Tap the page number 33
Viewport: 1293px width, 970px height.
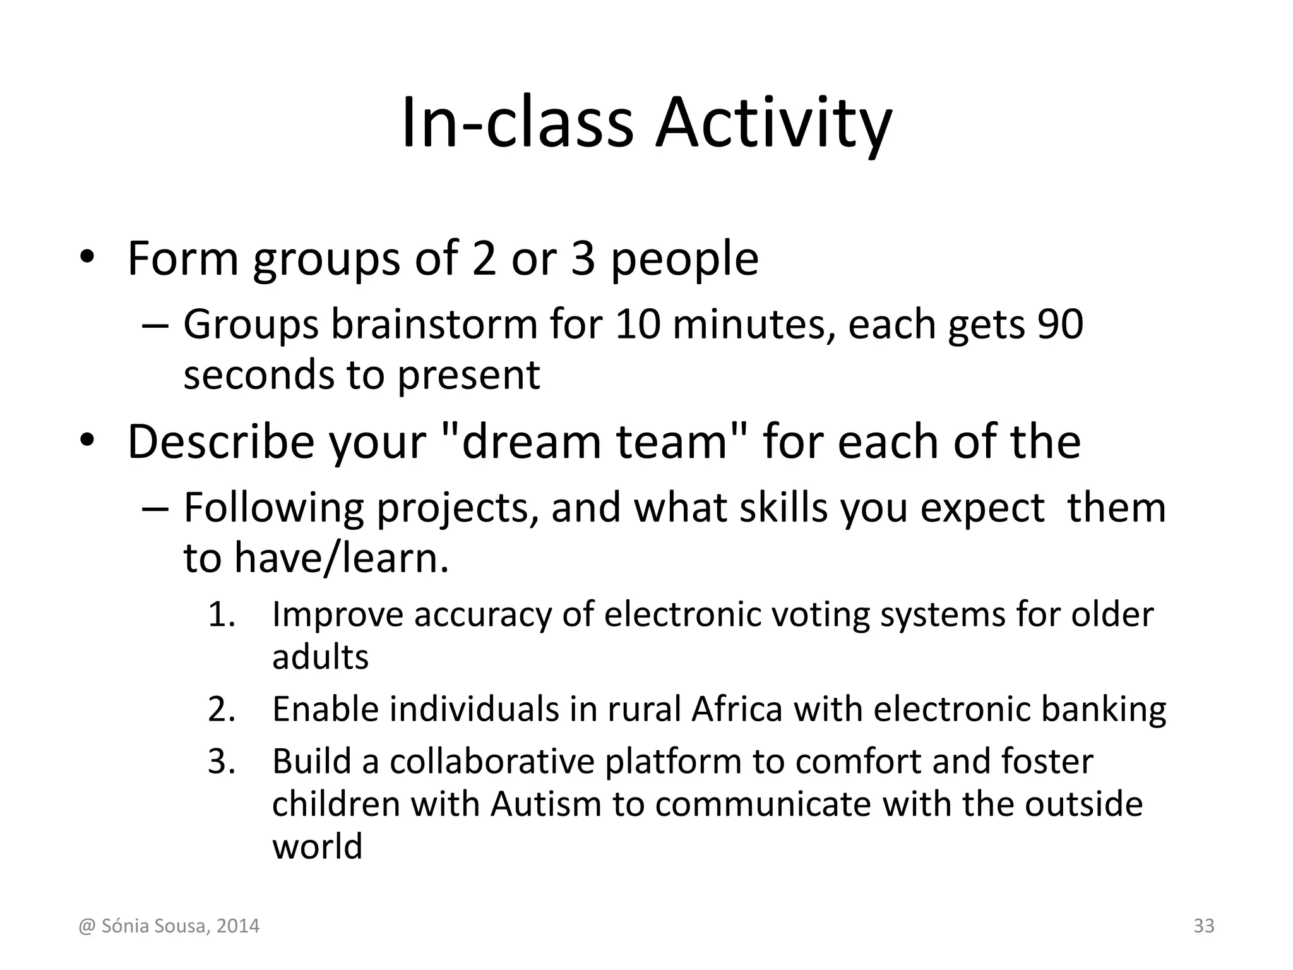(x=1204, y=926)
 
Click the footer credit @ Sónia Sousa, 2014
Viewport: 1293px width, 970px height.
(x=169, y=926)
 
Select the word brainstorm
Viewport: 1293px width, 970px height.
(x=434, y=325)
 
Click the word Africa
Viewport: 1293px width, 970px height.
(x=737, y=709)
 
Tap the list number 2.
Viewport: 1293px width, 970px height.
(x=222, y=709)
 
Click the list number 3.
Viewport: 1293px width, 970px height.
(x=222, y=761)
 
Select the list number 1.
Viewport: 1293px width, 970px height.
(x=222, y=614)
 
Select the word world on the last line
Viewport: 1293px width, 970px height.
(x=317, y=846)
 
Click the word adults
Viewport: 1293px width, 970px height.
(x=320, y=657)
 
